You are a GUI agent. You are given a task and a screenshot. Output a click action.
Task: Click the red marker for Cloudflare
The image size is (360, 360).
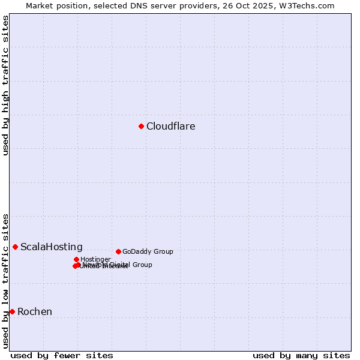pos(141,126)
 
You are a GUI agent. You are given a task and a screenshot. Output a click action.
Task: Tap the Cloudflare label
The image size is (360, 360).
pos(170,127)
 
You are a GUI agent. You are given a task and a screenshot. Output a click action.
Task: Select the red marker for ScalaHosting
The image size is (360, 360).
pos(15,247)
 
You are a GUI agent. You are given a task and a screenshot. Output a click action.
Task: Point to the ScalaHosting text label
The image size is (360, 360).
pos(51,247)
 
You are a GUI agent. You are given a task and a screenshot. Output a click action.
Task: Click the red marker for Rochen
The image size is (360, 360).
pos(12,311)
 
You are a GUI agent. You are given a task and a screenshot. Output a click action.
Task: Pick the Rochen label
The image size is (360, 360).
pos(34,312)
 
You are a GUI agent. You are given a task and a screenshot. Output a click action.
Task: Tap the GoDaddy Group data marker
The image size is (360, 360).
pos(118,251)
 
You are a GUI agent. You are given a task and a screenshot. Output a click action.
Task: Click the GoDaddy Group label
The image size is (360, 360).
pos(147,252)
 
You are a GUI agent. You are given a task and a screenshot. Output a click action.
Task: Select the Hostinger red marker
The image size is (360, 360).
pos(76,259)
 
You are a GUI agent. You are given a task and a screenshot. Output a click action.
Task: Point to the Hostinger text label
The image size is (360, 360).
pos(95,260)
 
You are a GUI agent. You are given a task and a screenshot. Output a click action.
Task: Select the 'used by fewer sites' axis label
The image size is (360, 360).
pos(62,355)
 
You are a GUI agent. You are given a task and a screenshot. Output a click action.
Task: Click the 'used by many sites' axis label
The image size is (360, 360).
pos(301,355)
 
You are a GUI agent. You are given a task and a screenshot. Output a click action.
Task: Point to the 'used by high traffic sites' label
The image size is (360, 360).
pos(5,85)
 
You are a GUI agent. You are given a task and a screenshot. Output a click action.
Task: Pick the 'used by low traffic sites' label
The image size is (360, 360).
pos(5,281)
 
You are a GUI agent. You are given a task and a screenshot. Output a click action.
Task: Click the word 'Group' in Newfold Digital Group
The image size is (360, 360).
pos(142,265)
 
